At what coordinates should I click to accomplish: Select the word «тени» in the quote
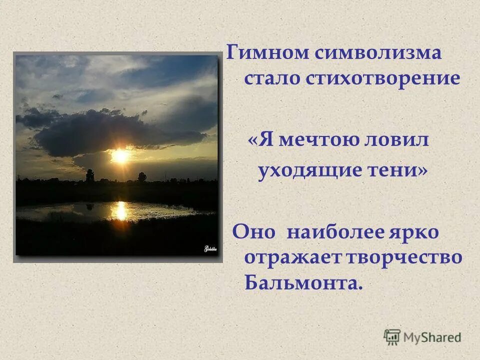pyautogui.click(x=402, y=171)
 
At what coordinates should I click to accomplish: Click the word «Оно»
pyautogui.click(x=253, y=232)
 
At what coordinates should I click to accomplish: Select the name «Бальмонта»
pyautogui.click(x=302, y=283)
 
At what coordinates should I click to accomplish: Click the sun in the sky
pyautogui.click(x=120, y=155)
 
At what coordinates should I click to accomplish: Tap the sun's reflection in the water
pyautogui.click(x=119, y=209)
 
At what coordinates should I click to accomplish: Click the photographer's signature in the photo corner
pyautogui.click(x=209, y=248)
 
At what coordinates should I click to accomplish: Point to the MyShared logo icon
pyautogui.click(x=392, y=337)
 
